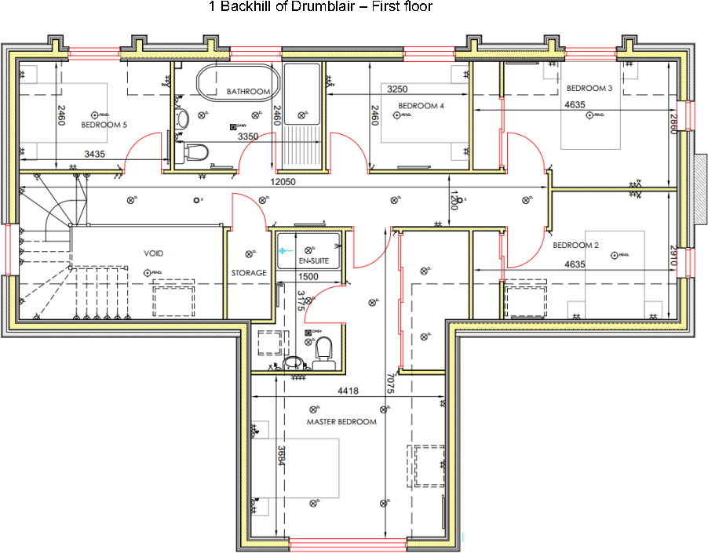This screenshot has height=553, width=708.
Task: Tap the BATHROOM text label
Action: [x=248, y=92]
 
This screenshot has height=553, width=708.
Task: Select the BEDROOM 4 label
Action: [x=421, y=106]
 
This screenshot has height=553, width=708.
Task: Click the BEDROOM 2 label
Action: [x=575, y=246]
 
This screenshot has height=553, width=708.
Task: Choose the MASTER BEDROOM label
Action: [x=341, y=422]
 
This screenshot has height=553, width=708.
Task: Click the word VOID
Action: [x=153, y=253]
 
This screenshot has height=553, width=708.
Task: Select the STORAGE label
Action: [x=249, y=273]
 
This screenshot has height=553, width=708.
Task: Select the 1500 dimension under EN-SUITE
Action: [x=308, y=277]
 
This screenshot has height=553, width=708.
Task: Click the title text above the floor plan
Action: [x=320, y=7]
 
